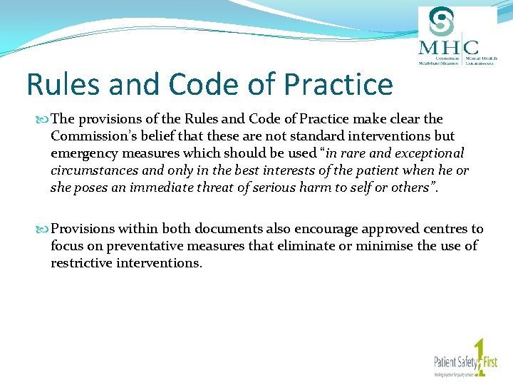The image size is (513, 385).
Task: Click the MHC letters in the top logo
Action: click(448, 48)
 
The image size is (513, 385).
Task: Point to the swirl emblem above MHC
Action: click(445, 21)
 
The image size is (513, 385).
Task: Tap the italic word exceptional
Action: click(428, 153)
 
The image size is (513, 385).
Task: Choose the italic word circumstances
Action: click(93, 170)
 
